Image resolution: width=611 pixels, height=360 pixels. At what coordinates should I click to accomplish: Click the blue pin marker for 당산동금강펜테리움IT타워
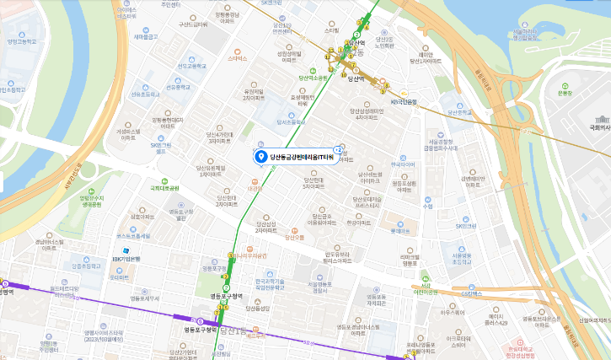261,157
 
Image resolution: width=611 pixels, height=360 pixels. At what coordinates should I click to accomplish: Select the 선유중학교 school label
179,86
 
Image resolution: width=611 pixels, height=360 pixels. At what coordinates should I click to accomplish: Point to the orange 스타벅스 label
238,58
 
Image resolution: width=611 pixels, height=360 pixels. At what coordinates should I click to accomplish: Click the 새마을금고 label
147,36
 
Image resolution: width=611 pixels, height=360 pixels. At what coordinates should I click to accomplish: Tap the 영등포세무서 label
144,298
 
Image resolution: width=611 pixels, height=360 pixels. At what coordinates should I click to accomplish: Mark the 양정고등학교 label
23,40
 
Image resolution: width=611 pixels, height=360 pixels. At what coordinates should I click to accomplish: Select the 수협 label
427,206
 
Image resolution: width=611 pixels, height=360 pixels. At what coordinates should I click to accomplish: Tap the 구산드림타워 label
192,24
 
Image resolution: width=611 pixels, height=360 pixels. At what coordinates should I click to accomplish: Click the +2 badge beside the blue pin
339,148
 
